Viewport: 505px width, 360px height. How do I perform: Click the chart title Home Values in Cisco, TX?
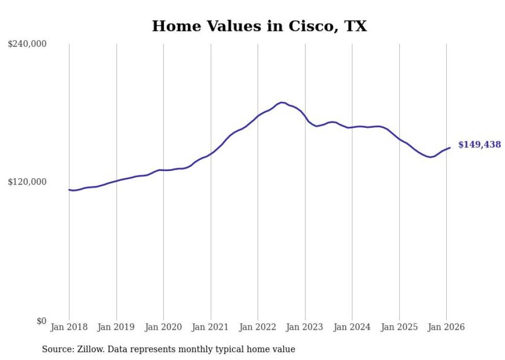[x=259, y=26]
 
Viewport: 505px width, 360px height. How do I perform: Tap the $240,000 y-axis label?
[x=27, y=44]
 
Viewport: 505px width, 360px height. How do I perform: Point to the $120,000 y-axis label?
[x=27, y=182]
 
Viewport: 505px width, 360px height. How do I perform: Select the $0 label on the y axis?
[x=41, y=321]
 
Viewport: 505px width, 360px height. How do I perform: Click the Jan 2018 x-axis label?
[x=69, y=327]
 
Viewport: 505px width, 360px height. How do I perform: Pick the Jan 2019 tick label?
[x=116, y=327]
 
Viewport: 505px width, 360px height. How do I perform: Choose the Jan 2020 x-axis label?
[x=163, y=327]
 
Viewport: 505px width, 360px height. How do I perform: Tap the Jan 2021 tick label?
[x=211, y=327]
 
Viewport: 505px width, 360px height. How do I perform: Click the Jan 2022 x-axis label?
[x=258, y=327]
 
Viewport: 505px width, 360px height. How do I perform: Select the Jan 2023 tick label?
[x=305, y=327]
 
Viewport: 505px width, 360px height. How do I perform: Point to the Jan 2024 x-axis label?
[x=352, y=327]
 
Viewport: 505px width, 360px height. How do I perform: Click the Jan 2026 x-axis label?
[x=446, y=327]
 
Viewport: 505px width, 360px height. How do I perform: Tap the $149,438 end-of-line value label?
[x=479, y=145]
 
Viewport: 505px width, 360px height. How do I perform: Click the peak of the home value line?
[x=281, y=102]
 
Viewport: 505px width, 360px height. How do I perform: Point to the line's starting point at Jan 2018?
[x=69, y=190]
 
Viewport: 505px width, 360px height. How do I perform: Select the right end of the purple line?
[x=450, y=148]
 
